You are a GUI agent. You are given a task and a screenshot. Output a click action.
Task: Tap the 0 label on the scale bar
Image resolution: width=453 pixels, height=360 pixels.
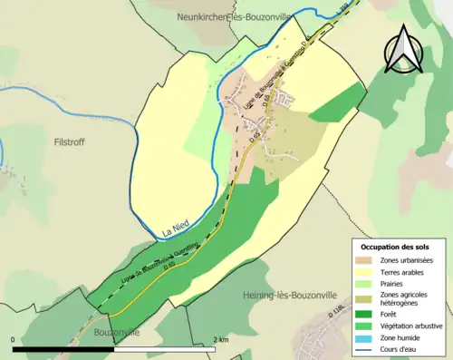14,339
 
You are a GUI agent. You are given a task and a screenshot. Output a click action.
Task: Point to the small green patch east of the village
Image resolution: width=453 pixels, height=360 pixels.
336,105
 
